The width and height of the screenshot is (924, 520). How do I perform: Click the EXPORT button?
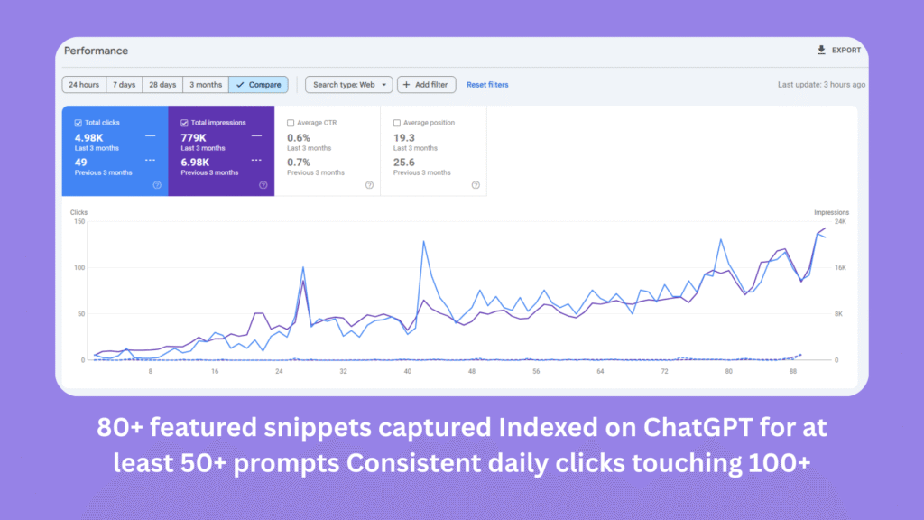click(839, 51)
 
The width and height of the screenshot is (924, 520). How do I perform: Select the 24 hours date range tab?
click(84, 85)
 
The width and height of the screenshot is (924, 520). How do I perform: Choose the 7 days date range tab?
click(125, 85)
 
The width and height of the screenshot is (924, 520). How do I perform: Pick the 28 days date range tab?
click(162, 85)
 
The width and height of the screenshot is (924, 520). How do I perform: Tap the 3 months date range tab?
click(205, 85)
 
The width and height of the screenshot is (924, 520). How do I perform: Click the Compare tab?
click(258, 85)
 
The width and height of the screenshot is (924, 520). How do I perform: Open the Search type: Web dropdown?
click(348, 85)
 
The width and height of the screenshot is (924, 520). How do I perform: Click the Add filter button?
click(427, 85)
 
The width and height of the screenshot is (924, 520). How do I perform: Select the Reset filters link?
click(487, 85)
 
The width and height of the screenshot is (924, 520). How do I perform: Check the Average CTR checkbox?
click(291, 123)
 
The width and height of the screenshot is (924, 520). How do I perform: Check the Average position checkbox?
click(397, 123)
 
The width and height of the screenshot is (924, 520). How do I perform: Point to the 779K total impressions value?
click(195, 137)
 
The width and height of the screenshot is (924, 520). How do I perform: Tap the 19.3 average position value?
click(403, 137)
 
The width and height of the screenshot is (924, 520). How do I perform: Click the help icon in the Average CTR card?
click(369, 185)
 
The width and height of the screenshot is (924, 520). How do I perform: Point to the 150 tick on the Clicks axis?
click(79, 222)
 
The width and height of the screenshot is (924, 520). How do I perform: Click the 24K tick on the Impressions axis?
click(840, 222)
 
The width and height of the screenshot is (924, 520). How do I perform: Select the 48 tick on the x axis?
click(472, 371)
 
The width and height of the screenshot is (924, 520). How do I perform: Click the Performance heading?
click(96, 51)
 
